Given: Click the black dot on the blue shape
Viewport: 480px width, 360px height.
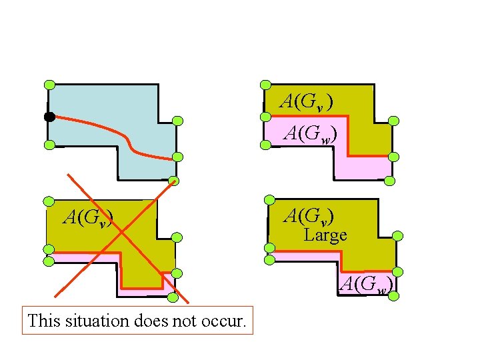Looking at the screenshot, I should [x=49, y=117].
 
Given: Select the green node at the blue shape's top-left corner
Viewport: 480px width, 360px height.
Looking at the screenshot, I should [x=49, y=85].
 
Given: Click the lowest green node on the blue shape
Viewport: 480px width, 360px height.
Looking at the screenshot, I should [x=173, y=180].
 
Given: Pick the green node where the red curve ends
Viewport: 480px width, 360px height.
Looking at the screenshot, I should [x=177, y=157].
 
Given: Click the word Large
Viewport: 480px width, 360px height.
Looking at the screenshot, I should [x=325, y=235].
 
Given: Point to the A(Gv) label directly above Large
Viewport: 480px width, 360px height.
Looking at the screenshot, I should [x=309, y=216].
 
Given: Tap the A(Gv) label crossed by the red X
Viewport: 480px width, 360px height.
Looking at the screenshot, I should [x=87, y=217].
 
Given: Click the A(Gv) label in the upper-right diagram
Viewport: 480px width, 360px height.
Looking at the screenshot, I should [x=306, y=101].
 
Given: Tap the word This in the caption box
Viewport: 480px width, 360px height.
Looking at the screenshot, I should [x=44, y=321].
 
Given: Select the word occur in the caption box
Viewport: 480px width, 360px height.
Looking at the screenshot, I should [x=228, y=321].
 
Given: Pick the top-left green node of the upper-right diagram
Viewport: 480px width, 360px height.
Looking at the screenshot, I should [x=265, y=85].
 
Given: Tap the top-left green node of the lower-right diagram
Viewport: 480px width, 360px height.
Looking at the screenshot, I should [x=269, y=200].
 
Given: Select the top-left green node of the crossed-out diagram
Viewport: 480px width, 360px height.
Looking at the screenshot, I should [x=48, y=201].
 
